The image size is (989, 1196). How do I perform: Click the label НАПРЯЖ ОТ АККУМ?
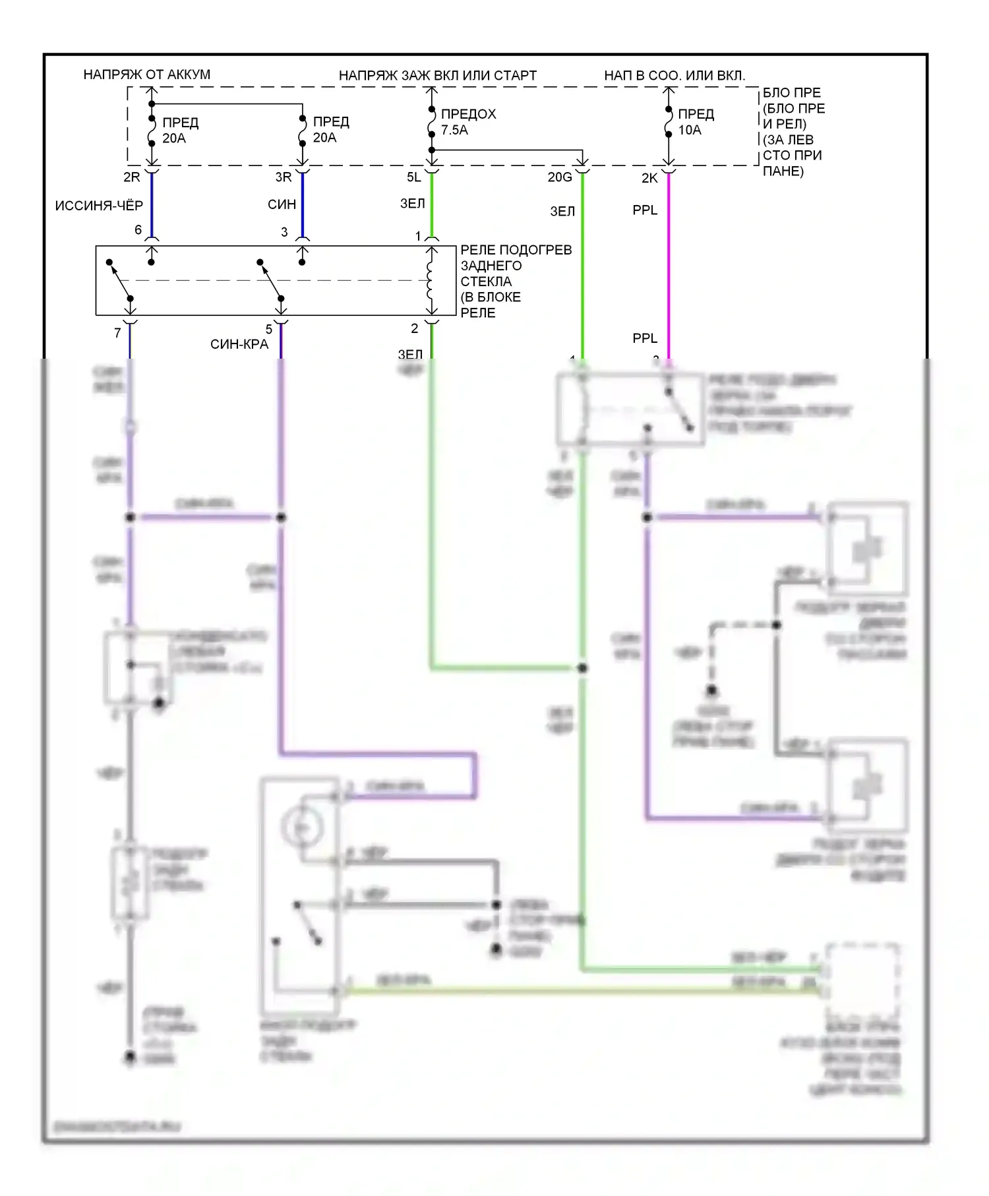(146, 75)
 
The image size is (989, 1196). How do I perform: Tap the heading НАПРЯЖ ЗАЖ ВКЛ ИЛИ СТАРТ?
(437, 76)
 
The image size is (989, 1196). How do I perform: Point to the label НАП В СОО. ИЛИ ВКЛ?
(674, 76)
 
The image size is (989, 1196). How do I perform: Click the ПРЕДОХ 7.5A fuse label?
(467, 122)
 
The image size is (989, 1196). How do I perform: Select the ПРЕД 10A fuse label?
(696, 122)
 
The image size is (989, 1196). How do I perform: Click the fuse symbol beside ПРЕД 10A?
(669, 123)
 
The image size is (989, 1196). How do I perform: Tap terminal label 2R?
(132, 177)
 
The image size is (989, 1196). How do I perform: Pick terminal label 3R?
(283, 177)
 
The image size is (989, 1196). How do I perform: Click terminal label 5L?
(413, 177)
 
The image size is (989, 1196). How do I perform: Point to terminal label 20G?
(560, 177)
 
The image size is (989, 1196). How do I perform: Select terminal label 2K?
(649, 178)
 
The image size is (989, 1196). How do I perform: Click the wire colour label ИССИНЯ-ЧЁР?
(99, 206)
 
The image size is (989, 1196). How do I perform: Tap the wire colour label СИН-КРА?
(239, 344)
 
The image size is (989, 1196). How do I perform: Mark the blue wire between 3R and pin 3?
(303, 204)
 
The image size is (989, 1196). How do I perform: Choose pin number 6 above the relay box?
(138, 230)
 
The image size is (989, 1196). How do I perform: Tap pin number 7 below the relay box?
(117, 333)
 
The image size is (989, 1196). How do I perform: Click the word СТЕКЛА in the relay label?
(486, 282)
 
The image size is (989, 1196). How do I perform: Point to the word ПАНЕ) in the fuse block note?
(783, 171)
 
